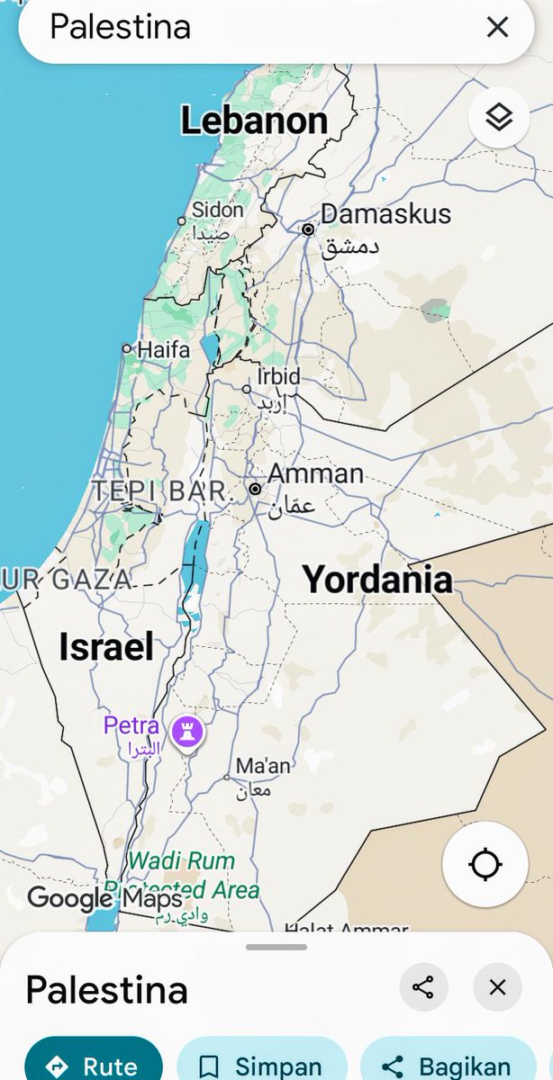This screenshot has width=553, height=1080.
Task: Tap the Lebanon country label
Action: pyautogui.click(x=254, y=121)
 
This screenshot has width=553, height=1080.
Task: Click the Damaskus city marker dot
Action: pyautogui.click(x=308, y=229)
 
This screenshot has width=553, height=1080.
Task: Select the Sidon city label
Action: pyautogui.click(x=218, y=210)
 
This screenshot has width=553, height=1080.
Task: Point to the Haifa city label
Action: pyautogui.click(x=163, y=349)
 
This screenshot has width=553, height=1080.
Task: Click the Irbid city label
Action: pyautogui.click(x=278, y=376)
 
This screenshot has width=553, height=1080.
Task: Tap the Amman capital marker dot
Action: pyautogui.click(x=256, y=489)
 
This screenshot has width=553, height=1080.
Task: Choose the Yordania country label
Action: pyautogui.click(x=376, y=579)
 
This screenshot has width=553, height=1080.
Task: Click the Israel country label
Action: pyautogui.click(x=106, y=646)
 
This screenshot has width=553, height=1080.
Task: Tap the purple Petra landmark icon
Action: pyautogui.click(x=187, y=731)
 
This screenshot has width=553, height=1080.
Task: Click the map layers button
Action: pyautogui.click(x=498, y=117)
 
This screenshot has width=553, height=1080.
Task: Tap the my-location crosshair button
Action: pyautogui.click(x=485, y=864)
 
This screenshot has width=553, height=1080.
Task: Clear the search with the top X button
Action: pyautogui.click(x=497, y=27)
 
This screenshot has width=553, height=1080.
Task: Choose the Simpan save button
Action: pyautogui.click(x=262, y=1066)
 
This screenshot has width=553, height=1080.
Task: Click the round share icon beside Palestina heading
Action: pyautogui.click(x=422, y=987)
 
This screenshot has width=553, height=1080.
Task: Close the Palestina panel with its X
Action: pyautogui.click(x=497, y=987)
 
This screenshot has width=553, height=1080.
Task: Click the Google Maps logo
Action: pyautogui.click(x=104, y=897)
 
